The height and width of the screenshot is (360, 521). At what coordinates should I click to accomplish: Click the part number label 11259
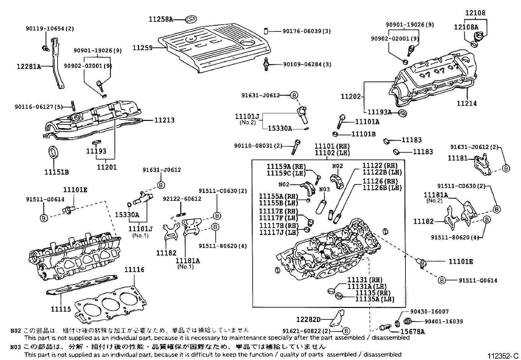click(142, 48)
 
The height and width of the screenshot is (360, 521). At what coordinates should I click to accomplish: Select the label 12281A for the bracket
click(29, 67)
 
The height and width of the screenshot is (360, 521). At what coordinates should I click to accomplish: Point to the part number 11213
click(164, 120)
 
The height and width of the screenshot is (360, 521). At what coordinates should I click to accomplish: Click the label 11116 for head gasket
click(134, 270)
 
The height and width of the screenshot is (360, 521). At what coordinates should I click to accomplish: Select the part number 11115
click(61, 309)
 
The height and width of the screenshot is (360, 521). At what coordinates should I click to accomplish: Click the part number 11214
click(467, 104)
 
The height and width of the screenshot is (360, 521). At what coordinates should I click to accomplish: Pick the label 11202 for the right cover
click(350, 97)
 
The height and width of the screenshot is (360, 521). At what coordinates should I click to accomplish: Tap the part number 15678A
click(413, 332)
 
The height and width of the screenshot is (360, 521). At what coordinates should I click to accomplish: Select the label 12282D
click(308, 319)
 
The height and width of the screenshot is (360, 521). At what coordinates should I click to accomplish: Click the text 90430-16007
click(429, 312)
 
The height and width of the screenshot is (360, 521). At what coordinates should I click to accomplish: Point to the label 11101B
click(363, 134)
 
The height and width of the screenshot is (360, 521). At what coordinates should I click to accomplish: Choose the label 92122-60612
click(182, 199)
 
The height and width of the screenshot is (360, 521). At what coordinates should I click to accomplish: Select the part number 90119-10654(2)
click(50, 28)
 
